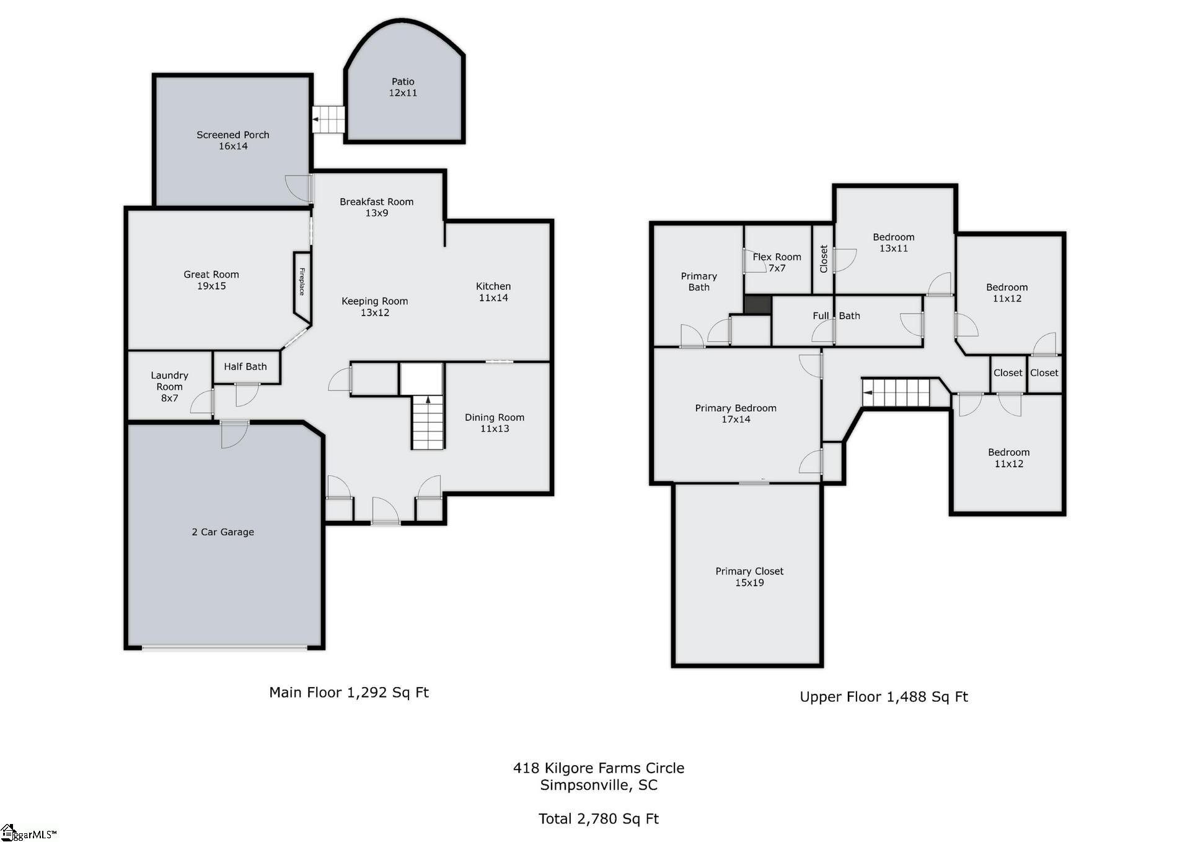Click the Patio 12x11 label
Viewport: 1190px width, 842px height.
coord(403,87)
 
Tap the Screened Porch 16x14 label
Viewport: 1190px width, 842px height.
coord(232,140)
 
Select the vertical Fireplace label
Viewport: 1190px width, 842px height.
coord(302,281)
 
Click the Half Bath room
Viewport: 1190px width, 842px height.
coord(245,367)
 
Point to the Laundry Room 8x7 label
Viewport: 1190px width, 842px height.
coord(169,386)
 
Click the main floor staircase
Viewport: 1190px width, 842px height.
coord(428,422)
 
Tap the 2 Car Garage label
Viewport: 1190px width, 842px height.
coord(223,532)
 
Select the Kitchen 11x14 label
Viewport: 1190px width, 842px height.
coord(493,292)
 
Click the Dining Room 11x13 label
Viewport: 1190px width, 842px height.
coord(495,423)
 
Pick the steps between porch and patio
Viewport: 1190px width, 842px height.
coord(328,119)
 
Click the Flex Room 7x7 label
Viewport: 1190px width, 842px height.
coord(777,262)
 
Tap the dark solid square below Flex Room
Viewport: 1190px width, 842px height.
coord(757,305)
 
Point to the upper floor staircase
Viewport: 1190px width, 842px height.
coord(896,393)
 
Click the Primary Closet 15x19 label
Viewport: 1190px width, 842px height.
coord(749,577)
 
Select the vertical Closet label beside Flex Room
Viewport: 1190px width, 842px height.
coord(823,259)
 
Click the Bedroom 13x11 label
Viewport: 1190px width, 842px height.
coord(893,242)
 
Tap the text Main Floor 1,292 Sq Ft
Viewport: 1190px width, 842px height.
coord(348,693)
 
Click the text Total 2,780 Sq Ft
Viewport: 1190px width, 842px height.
coord(598,819)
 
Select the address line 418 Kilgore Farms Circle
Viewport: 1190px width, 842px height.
coord(598,768)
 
